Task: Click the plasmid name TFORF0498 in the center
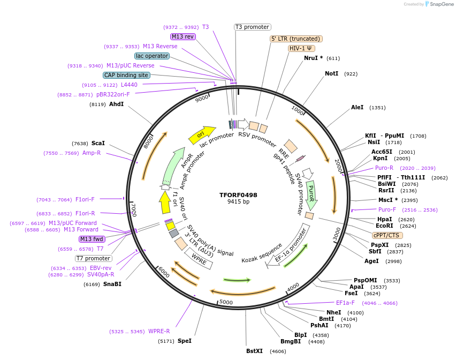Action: (238, 195)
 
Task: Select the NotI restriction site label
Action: (332, 73)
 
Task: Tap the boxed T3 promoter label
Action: (253, 27)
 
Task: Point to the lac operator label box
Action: (152, 56)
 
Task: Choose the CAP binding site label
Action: (126, 76)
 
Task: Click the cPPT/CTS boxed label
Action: (387, 235)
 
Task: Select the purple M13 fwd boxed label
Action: (92, 239)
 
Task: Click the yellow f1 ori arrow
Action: (165, 203)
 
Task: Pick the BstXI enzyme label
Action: (255, 351)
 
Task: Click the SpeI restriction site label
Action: (185, 341)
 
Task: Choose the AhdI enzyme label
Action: (117, 104)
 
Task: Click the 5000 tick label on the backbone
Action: (226, 302)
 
